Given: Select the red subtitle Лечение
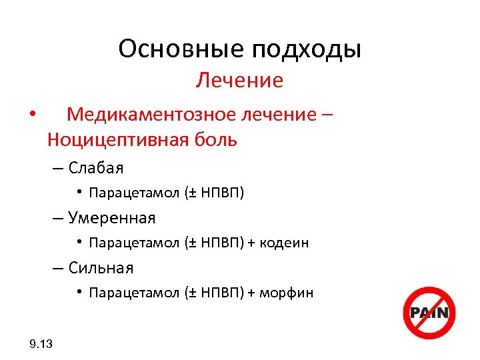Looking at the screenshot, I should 239,81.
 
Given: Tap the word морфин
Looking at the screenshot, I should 286,293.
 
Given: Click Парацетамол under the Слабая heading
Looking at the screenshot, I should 134,193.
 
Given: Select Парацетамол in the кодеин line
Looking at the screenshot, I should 134,243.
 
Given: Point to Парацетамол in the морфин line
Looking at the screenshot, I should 134,293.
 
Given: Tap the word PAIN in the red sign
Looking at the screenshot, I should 429,313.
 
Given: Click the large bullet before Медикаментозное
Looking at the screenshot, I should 32,115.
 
